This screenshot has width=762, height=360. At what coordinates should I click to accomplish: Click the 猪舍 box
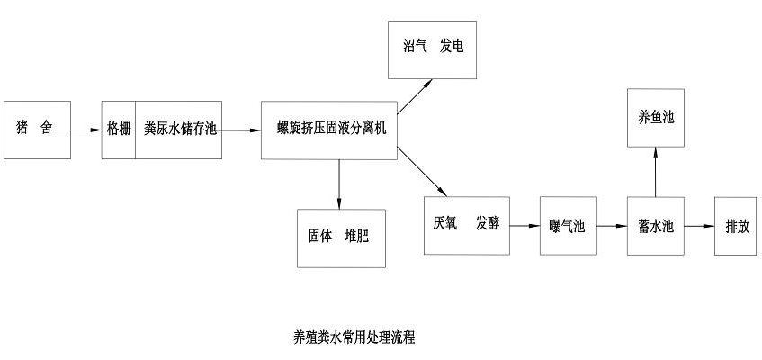(37, 129)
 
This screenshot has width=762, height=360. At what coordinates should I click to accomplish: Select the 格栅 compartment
(119, 129)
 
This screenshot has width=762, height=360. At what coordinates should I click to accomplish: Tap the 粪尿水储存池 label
(180, 129)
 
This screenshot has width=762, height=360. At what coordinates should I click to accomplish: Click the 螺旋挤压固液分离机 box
(329, 130)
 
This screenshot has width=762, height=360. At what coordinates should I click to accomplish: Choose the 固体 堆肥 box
(342, 238)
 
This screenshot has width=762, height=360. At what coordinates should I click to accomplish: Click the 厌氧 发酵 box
(465, 224)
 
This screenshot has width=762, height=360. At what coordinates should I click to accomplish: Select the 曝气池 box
(567, 225)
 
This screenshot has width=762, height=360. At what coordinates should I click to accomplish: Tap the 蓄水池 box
(656, 225)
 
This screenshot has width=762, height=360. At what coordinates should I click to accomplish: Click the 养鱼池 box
(656, 117)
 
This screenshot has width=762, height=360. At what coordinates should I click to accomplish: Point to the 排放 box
(738, 225)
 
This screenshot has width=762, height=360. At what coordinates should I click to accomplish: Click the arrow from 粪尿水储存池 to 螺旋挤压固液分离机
(241, 130)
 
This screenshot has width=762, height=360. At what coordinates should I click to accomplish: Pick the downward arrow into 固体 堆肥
(339, 184)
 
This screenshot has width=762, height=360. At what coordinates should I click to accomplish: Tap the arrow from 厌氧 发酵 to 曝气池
(524, 225)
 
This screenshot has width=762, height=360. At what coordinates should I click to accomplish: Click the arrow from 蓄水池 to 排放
(699, 225)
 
